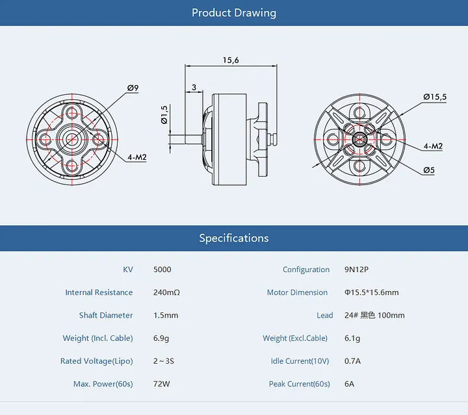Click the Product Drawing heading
pyautogui.click(x=234, y=13)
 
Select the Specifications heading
pyautogui.click(x=234, y=238)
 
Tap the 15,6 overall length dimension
pyautogui.click(x=231, y=60)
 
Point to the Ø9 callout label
pyautogui.click(x=133, y=88)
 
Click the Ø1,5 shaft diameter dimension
pyautogui.click(x=164, y=115)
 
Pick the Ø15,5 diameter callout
pyautogui.click(x=435, y=97)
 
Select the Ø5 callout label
pyautogui.click(x=429, y=170)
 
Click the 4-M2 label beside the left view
pyautogui.click(x=137, y=157)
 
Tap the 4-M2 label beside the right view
pyautogui.click(x=433, y=146)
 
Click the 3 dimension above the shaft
pyautogui.click(x=194, y=88)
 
